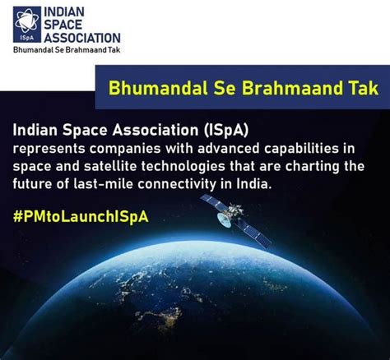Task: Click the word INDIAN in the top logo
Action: tap(64, 12)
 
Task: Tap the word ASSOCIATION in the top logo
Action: tap(82, 38)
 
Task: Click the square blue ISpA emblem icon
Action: tap(27, 25)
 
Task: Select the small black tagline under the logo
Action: tap(67, 50)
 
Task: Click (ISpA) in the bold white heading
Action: tap(225, 130)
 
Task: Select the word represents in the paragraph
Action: tap(49, 150)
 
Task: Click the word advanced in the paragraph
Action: tap(228, 148)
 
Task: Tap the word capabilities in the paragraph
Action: tap(302, 150)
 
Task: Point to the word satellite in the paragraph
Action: tap(110, 166)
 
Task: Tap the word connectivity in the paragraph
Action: tap(177, 184)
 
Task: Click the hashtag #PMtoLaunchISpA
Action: tap(81, 216)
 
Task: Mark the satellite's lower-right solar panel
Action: tap(254, 233)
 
